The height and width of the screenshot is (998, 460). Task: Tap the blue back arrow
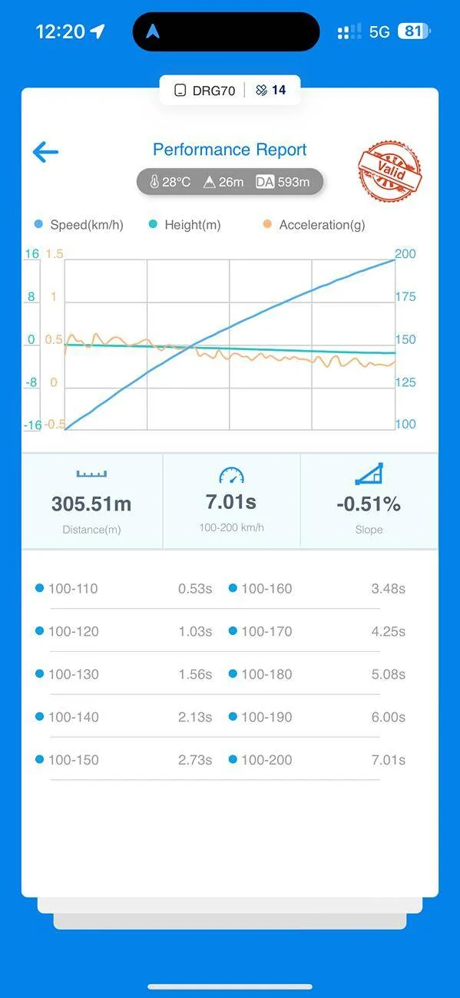45,152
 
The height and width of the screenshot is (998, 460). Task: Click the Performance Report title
230,150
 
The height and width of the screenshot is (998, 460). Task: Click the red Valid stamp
390,170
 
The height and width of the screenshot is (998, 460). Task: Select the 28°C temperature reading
170,182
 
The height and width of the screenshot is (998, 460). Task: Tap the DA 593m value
283,182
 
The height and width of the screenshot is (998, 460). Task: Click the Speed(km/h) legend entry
79,225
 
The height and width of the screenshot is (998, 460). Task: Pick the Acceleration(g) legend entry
314,225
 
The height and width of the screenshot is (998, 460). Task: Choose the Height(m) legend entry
184,225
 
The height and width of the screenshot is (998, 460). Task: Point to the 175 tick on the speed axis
405,297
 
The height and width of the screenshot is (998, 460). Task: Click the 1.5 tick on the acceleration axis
55,254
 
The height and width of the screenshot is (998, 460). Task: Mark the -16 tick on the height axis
32,425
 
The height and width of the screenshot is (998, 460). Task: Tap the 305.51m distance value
91,504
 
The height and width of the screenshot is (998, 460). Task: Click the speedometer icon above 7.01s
231,475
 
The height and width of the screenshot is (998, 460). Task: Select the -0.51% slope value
369,504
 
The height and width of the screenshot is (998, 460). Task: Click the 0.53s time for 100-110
195,589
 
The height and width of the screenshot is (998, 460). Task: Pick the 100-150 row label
74,760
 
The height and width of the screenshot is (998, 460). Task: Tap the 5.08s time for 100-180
389,674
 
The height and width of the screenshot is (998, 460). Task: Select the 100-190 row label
266,717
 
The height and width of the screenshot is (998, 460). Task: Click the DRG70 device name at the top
213,91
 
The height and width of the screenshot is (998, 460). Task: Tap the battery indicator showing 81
414,31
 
